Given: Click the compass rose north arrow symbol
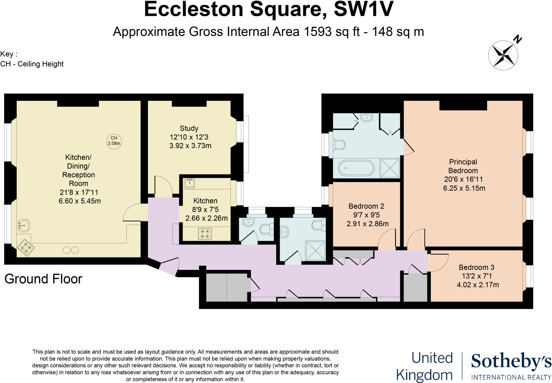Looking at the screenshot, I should (503, 55).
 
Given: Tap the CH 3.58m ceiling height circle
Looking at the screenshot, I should (114, 141).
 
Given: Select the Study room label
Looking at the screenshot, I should (189, 128).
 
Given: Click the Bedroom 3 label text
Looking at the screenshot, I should (476, 267).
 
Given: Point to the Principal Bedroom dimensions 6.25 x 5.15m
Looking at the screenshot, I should (464, 188).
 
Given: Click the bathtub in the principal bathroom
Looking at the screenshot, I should (356, 168).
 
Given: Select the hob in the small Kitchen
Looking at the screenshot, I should (205, 233).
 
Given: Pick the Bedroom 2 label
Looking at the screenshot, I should (366, 206).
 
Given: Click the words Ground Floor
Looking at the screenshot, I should (43, 279).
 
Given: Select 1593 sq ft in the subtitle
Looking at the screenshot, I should (332, 32).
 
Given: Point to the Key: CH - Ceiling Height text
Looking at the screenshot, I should (32, 59).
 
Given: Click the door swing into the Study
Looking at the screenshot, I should (163, 185).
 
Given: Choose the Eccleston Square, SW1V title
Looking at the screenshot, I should (269, 9).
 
